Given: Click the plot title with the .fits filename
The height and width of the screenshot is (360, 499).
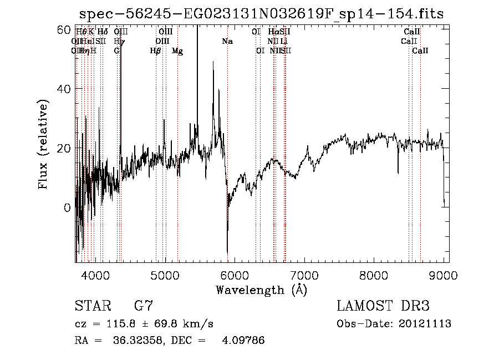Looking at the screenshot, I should [x=262, y=14].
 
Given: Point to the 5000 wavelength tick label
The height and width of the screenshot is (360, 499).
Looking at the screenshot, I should [x=166, y=274].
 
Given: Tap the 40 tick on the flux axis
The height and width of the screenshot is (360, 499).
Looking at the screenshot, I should [x=65, y=89].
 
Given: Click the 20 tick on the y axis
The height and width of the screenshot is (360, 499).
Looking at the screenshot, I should [x=65, y=148].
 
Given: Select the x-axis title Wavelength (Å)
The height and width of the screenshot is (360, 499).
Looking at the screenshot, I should [x=261, y=290].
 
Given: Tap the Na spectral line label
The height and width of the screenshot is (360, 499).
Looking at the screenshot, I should [x=227, y=41].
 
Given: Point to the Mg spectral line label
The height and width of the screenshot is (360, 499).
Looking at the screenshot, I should [x=177, y=51].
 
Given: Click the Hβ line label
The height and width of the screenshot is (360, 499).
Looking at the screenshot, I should [x=156, y=51].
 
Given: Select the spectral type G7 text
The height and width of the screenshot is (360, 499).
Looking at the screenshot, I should [x=143, y=306].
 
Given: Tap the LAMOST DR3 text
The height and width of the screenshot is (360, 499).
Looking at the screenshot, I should [x=383, y=306].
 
